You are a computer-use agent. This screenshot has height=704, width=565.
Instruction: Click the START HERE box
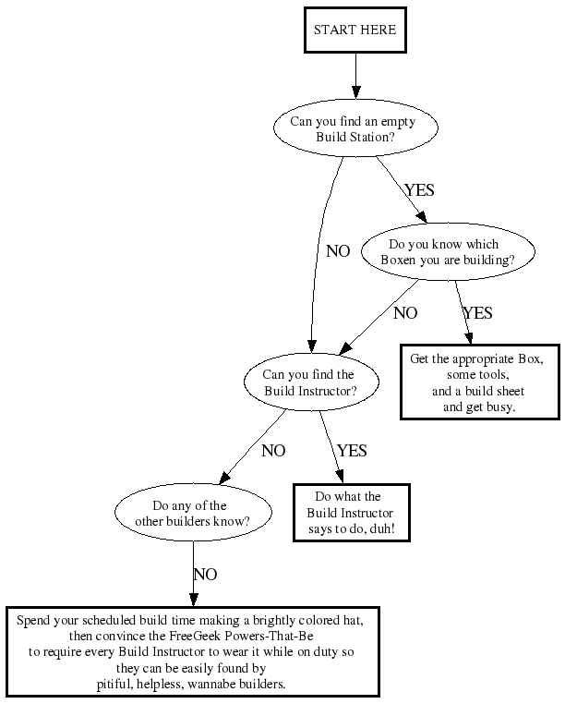pos(355,30)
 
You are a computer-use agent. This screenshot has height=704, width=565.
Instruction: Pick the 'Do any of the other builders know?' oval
pos(193,513)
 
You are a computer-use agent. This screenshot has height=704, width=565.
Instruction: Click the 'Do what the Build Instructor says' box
pos(349,514)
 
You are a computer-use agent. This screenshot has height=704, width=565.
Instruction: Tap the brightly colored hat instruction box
pos(193,651)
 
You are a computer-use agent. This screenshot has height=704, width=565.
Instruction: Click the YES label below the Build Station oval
pos(419,190)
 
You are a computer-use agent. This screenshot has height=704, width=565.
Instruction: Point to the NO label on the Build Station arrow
pos(338,251)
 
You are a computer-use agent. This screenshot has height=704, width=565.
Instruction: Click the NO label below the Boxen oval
pos(405,313)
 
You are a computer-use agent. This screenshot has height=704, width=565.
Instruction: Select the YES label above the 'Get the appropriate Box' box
pos(477,313)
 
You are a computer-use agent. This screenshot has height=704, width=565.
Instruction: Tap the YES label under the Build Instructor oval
pos(352,451)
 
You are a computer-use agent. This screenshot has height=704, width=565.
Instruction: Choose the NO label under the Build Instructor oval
pos(273,451)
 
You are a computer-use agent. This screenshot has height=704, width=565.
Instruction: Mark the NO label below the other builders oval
pos(205,575)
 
